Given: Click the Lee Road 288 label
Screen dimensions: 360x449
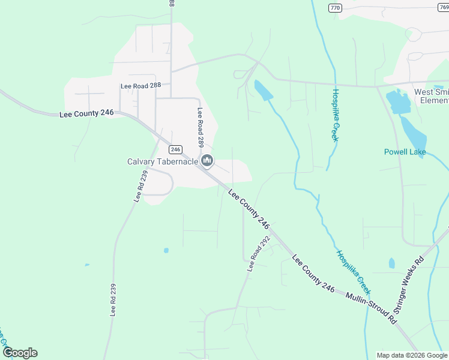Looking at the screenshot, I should point(141,86).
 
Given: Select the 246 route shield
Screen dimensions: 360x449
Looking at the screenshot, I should point(175,149).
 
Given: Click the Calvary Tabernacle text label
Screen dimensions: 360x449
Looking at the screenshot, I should point(163,161).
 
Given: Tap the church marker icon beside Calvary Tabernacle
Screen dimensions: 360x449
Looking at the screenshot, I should point(207,160).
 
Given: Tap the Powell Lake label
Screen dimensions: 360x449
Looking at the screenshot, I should point(405,152).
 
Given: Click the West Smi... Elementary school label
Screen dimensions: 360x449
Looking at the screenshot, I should point(431,96).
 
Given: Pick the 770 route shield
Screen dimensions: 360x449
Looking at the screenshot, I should point(335,8).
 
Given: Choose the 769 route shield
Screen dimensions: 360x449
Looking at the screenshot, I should point(444,8).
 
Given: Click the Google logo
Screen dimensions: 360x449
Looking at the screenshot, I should point(19,353).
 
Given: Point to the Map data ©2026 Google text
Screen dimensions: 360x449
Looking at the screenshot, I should point(411,355).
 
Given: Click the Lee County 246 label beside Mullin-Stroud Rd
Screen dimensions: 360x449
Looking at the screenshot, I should point(313,274).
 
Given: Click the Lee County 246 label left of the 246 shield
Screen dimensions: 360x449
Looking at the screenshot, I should point(86,113).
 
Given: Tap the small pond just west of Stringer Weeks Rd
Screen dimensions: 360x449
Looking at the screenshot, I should point(392,263).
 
